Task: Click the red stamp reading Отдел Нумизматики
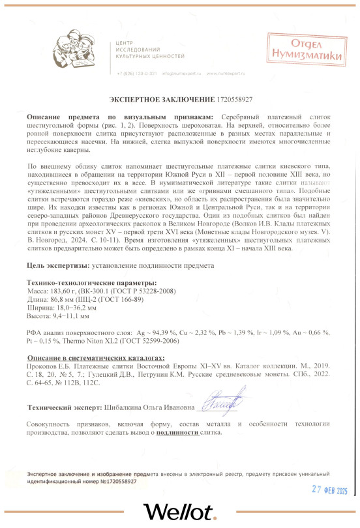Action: click(306, 49)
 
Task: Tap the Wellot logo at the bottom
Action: click(179, 510)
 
